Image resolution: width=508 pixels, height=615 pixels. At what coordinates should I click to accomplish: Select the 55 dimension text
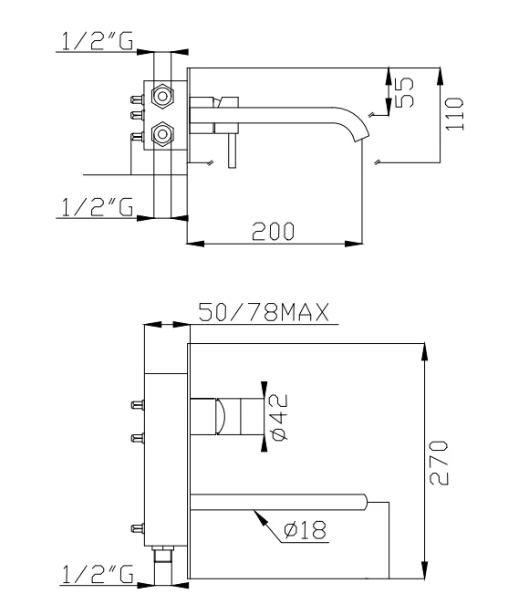click(405, 91)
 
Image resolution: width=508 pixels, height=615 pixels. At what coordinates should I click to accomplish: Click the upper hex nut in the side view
click(162, 94)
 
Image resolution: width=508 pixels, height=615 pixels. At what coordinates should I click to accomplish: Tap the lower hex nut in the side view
click(162, 135)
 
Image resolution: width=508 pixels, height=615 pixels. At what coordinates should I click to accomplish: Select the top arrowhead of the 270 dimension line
click(425, 349)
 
